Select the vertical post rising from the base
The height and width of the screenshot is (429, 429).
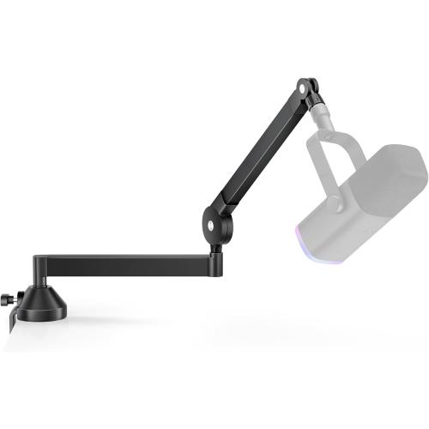[x=40, y=273]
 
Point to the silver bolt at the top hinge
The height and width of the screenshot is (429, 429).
[x=305, y=88]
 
